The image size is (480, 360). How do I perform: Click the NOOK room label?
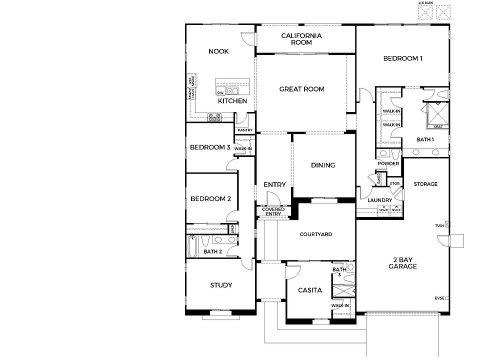pos(218,51)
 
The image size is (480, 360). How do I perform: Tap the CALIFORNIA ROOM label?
pos(301,39)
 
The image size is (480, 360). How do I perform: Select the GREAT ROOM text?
pos(301,89)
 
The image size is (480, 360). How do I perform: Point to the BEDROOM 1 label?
pos(403,58)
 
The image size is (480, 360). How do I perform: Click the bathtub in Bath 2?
pos(192,246)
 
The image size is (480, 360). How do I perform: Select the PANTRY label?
pos(245,130)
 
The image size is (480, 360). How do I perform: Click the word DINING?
pos(322,165)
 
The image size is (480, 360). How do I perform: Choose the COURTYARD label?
pos(315,234)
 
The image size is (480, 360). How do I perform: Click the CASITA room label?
pos(310,290)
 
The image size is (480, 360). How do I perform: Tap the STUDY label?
pos(220,285)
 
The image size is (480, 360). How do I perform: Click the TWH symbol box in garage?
pos(447,225)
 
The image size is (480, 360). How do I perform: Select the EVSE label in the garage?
pos(439,298)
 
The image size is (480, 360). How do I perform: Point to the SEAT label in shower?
pos(438,126)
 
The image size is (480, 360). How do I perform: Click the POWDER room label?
pos(388,163)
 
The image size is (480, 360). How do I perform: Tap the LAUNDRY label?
pos(379,200)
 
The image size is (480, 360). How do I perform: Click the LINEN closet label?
pos(232,229)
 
